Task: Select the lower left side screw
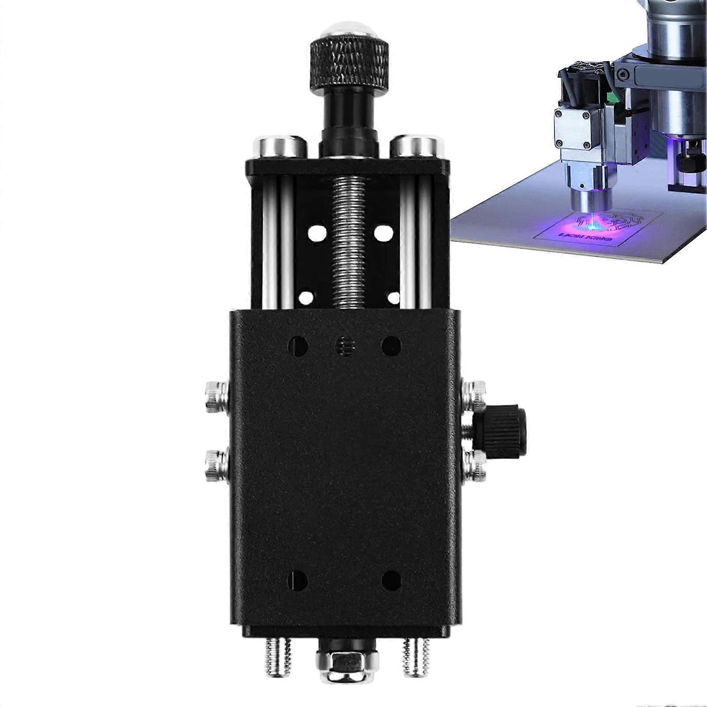tap(216, 465)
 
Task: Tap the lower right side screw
tap(475, 466)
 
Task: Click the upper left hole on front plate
tap(299, 346)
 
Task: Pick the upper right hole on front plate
tap(391, 346)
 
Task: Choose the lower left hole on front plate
tap(299, 580)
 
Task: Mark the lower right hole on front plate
tap(391, 580)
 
